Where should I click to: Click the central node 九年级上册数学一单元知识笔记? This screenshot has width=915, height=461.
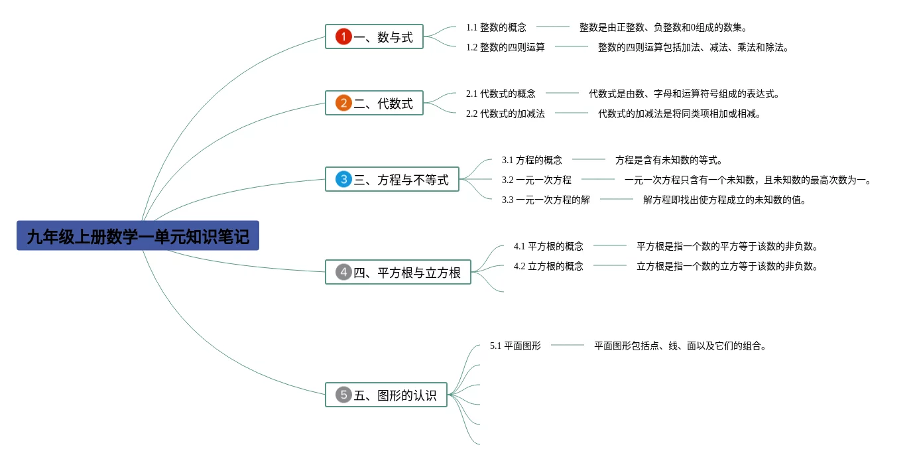138,236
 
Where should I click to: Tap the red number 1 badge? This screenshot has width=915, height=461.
343,37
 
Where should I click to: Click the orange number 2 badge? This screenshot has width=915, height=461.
343,103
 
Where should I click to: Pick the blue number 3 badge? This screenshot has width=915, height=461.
343,179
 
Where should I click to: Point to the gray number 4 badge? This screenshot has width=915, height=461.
343,272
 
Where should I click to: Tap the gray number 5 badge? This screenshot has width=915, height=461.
343,395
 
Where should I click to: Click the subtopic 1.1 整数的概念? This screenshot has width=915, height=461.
496,27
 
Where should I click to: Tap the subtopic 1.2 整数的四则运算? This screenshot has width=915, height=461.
505,47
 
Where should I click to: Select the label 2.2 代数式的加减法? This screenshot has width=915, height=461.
505,113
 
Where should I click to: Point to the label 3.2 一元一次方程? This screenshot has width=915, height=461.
536,180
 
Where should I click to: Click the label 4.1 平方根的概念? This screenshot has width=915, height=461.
548,246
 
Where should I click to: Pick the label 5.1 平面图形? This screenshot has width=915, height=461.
515,346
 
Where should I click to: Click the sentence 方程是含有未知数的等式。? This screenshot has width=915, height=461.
668,160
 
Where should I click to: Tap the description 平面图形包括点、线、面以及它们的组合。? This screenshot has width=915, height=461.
680,346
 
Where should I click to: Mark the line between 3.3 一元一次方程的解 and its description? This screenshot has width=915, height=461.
617,199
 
